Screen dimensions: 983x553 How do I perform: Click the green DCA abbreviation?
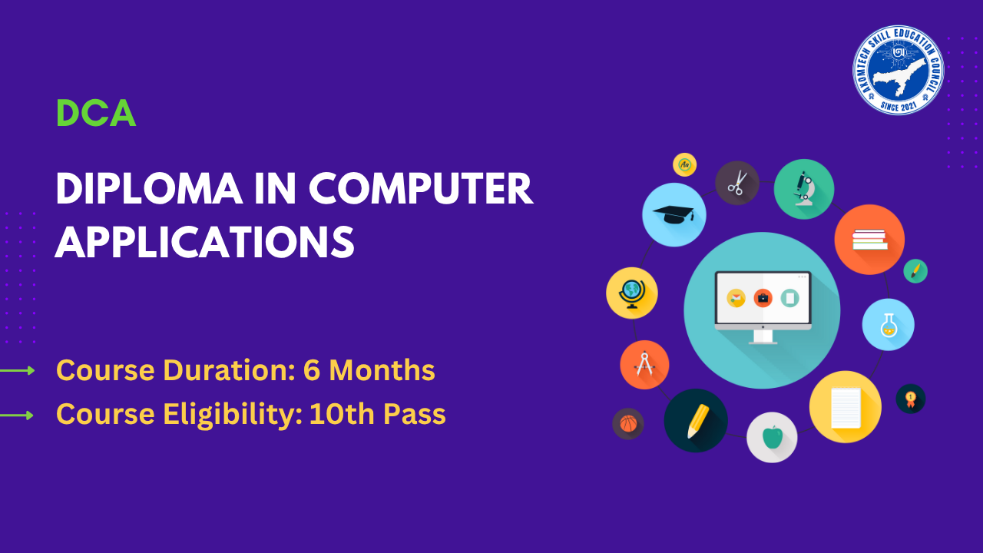[x=96, y=113]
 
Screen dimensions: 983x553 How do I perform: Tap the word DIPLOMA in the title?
[x=149, y=189]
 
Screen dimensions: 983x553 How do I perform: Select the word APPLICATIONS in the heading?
[x=204, y=242]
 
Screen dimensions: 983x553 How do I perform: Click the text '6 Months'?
[x=369, y=370]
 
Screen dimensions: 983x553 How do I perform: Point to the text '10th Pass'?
[x=377, y=414]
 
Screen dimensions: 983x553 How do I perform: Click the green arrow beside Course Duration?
[x=17, y=371]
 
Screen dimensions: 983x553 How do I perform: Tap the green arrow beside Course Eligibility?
[x=17, y=416]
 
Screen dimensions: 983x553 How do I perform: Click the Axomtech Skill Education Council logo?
[x=899, y=70]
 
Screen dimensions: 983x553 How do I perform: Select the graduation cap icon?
[x=674, y=214]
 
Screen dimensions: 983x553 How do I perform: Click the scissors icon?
[x=737, y=183]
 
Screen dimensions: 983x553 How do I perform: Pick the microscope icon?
[x=804, y=189]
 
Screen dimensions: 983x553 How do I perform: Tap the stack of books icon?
[x=869, y=240]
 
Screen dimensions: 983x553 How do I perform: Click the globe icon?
[x=632, y=293]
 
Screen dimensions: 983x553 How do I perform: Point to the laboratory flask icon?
[x=889, y=325]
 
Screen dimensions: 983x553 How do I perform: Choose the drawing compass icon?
[x=644, y=365]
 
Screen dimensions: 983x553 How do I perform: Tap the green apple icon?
[x=772, y=437]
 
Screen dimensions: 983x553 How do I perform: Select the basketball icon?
[x=628, y=424]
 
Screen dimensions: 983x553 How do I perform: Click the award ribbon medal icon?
[x=911, y=399]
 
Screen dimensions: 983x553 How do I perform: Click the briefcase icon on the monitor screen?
[x=763, y=298]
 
